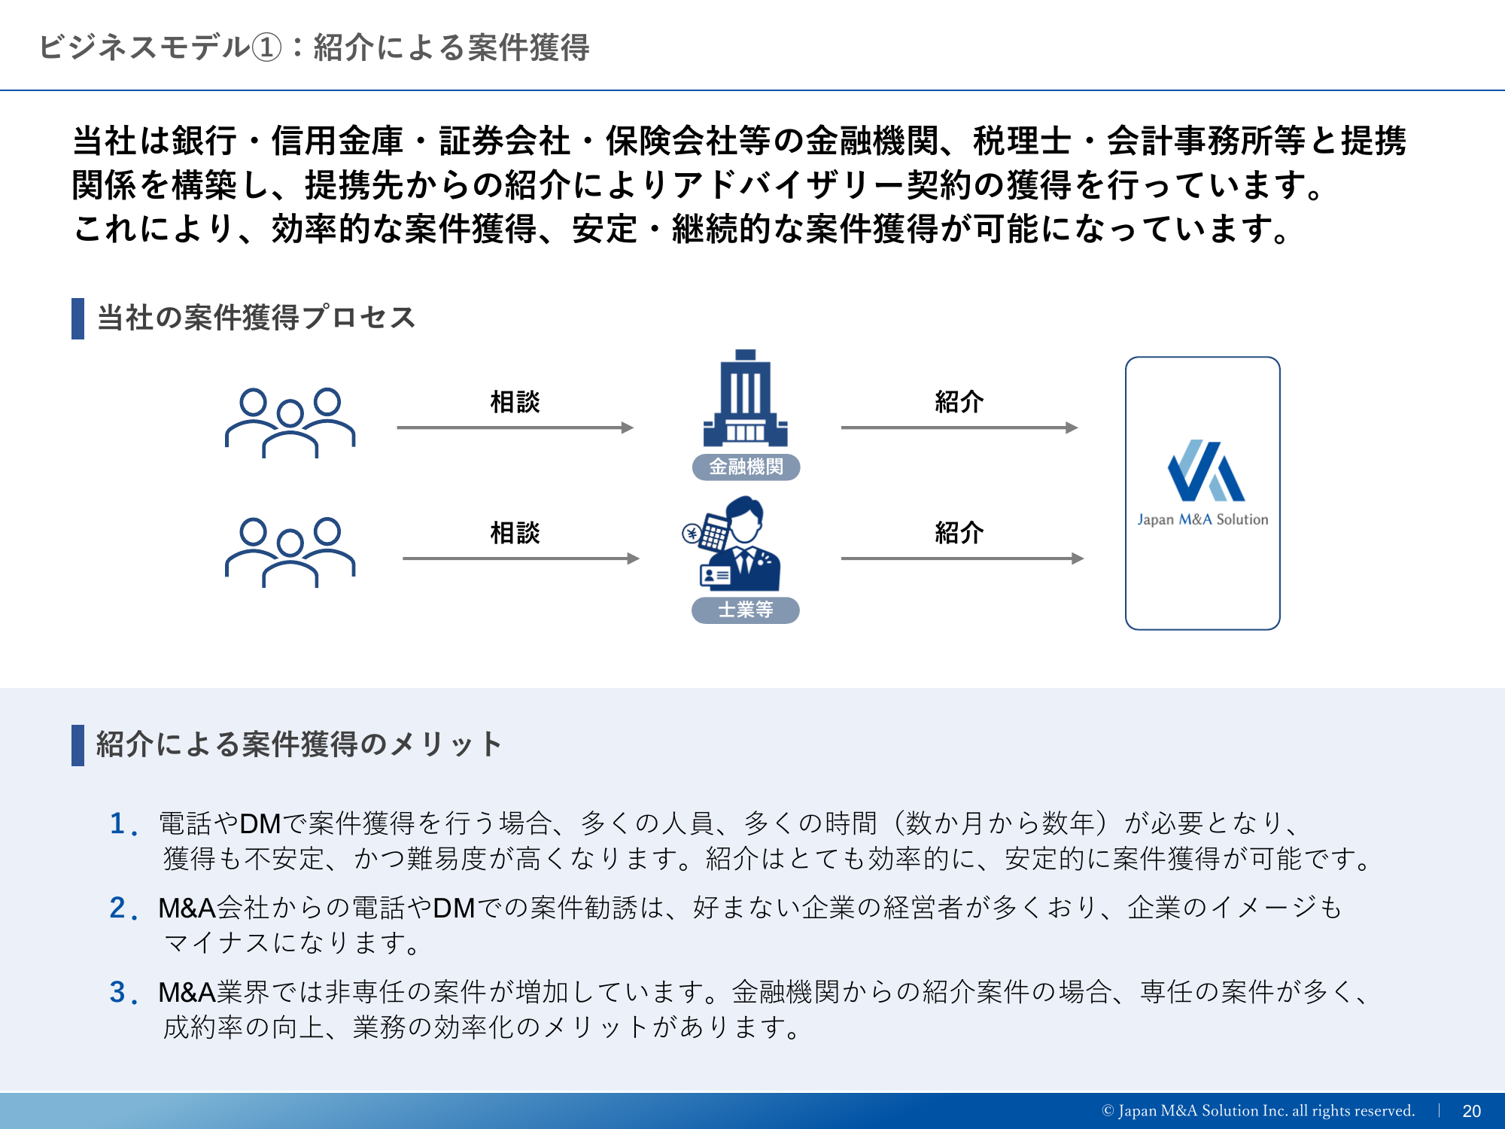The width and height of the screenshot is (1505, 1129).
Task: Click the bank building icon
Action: pos(745,398)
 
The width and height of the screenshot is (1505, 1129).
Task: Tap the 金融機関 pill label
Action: pos(746,467)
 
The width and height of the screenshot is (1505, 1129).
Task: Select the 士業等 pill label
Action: pos(745,610)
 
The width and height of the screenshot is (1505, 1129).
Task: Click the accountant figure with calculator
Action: pos(732,543)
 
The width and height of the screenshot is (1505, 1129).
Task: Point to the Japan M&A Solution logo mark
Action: pos(1206,470)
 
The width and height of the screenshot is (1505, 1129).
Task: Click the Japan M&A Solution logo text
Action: pos(1202,519)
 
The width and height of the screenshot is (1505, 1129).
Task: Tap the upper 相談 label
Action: pos(515,401)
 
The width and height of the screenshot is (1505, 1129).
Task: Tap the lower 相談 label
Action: pos(515,532)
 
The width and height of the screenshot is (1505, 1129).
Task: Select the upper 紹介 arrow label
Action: pos(959,401)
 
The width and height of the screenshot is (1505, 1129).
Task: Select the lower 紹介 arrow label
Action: pos(959,532)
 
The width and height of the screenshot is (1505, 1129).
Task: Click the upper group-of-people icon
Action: pos(290,422)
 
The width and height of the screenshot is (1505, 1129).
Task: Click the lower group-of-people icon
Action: pos(290,552)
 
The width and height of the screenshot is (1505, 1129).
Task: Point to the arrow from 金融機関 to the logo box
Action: pos(959,428)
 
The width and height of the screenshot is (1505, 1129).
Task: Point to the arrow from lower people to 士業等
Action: pos(521,558)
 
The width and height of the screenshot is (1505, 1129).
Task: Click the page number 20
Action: pos(1471,1111)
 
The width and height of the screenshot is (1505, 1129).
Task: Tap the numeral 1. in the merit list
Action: pos(123,823)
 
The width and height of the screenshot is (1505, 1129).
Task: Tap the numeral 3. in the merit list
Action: pos(123,992)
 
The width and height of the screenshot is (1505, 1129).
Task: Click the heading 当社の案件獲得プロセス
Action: pos(257,318)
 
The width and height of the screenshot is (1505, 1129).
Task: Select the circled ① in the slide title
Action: pos(266,48)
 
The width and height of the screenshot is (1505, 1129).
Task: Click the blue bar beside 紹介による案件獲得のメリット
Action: pos(78,745)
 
